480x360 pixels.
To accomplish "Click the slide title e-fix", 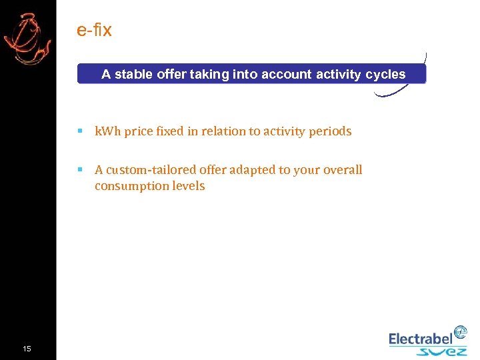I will coord(94,30).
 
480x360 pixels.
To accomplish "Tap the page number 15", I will coord(27,349).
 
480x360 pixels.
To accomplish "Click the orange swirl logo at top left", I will coord(27,39).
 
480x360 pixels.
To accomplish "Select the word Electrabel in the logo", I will coord(420,339).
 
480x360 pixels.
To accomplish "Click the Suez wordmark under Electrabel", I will coord(441,351).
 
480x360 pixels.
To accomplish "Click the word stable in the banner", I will coord(133,75).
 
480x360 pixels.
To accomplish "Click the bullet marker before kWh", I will coord(80,131).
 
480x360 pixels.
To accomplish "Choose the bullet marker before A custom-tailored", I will coord(80,170).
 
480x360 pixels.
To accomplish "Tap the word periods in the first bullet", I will coord(328,131).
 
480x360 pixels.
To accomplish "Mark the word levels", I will coord(189,186).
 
